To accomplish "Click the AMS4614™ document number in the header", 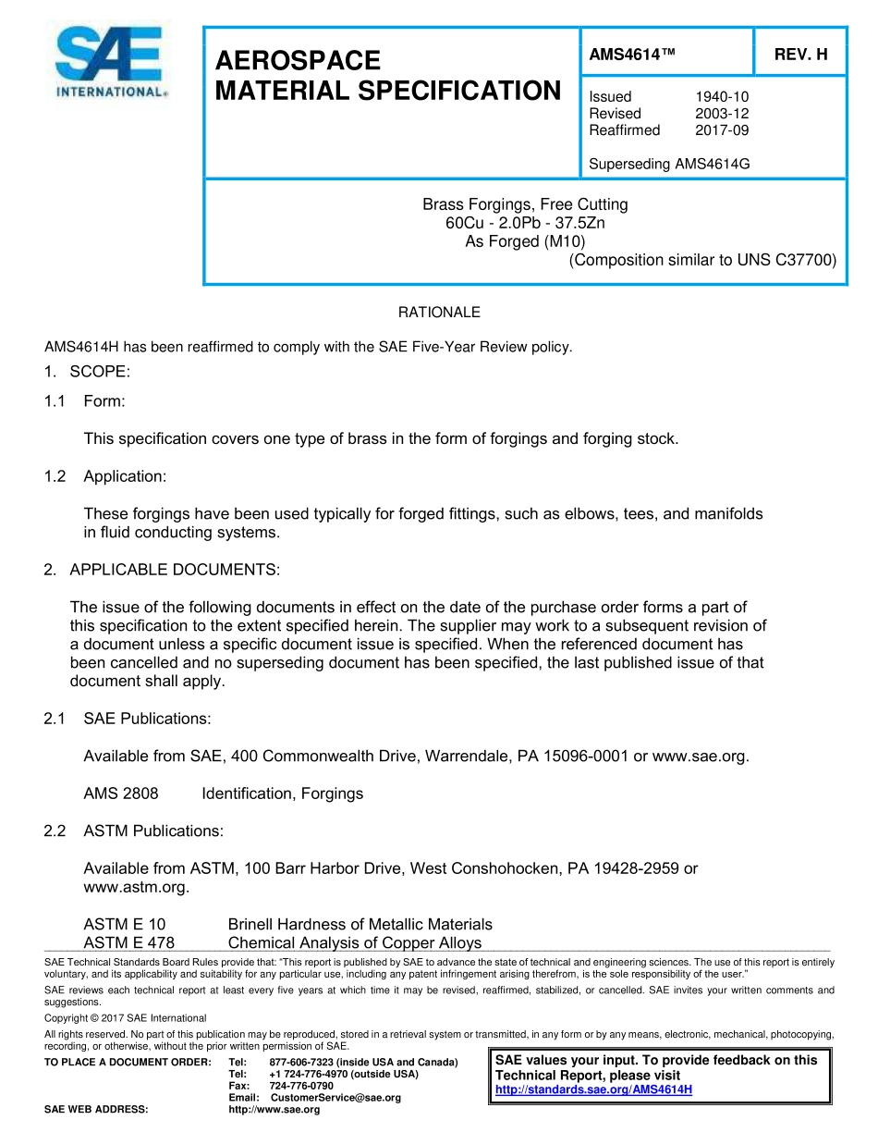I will click(x=632, y=55).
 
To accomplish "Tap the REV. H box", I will click(x=800, y=55).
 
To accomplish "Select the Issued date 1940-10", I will click(x=722, y=97).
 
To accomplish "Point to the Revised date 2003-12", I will click(x=722, y=114).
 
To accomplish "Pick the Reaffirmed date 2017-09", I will click(x=722, y=130).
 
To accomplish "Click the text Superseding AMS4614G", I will click(x=669, y=165).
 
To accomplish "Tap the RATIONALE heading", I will click(x=439, y=313).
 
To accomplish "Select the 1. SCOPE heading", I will click(x=87, y=372).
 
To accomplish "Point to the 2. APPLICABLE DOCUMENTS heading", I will click(x=162, y=570).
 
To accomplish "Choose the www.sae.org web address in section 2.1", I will click(x=700, y=757).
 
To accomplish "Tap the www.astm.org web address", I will click(x=136, y=888).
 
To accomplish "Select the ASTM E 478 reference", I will click(x=128, y=943).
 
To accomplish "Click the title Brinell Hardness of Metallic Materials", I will click(x=360, y=924).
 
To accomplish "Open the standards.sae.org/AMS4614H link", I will click(x=593, y=1089).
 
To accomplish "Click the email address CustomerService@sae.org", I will click(x=335, y=1098).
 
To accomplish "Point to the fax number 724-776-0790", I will click(x=301, y=1086).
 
